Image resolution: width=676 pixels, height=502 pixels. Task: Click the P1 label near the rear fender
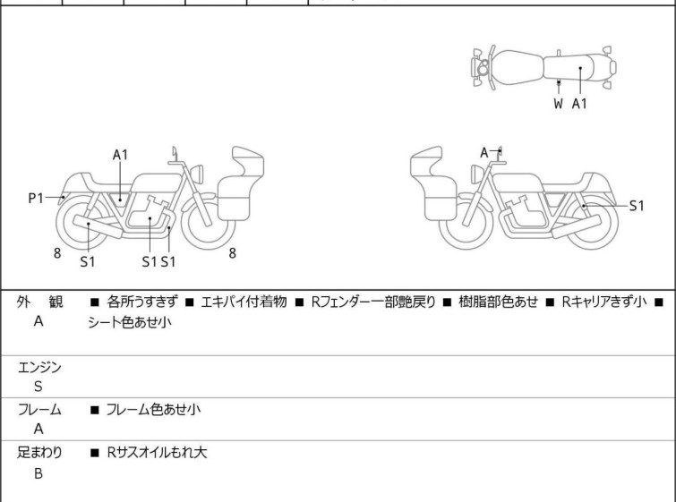(36, 198)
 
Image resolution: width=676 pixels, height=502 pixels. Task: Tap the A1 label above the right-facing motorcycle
(120, 155)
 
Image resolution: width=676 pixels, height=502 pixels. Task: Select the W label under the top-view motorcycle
(558, 104)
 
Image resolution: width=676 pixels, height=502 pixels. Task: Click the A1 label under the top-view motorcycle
(580, 104)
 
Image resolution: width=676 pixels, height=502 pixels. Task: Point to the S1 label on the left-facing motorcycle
(636, 206)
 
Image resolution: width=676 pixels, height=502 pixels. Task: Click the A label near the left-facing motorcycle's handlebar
(484, 152)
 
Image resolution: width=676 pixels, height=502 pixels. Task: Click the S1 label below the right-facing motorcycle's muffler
(87, 262)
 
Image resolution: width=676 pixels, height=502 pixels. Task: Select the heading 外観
(39, 302)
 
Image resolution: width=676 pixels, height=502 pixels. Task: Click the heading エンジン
(39, 367)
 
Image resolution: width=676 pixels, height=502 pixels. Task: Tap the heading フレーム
(39, 410)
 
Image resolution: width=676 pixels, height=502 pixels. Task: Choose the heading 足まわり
(39, 453)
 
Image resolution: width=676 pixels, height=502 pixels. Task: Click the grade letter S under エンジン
(38, 387)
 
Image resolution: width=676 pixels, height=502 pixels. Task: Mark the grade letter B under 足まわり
(38, 473)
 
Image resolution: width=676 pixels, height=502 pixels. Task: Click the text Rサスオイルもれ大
(156, 453)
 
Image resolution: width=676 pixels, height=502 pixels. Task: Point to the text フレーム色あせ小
(152, 410)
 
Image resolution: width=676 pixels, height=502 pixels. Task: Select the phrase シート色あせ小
(129, 324)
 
